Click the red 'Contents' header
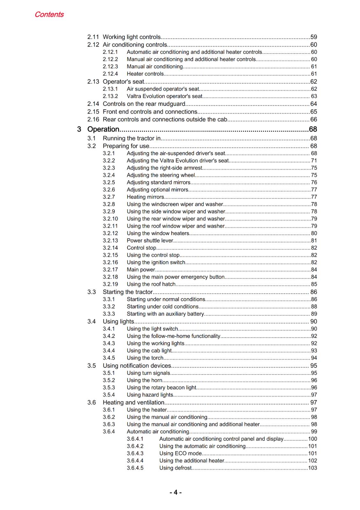pos(49,14)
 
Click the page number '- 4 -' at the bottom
pos(176,492)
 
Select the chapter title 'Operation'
pos(103,129)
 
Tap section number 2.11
pos(93,37)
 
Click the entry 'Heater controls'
pos(145,74)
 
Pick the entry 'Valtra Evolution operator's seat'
pos(164,96)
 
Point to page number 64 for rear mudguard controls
pos(313,104)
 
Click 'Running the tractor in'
pos(132,138)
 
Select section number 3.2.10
pos(110,219)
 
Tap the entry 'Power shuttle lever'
pos(150,240)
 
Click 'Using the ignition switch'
pos(156,262)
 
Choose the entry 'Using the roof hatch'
pos(151,284)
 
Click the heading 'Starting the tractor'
pos(128,292)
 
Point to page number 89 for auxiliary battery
pos(314,314)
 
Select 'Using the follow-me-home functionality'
pos(173,336)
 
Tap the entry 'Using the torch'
pos(145,358)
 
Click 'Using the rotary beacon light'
pos(162,388)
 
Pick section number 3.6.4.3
pos(135,453)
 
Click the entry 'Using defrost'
pos(175,468)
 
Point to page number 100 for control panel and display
pos(313,439)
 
